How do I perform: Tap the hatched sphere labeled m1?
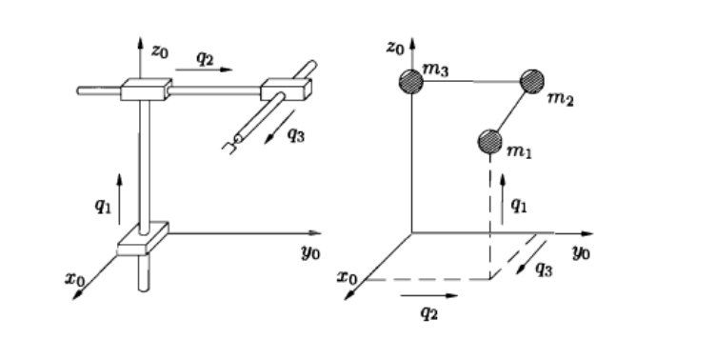click(489, 142)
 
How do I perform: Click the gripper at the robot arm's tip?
click(228, 146)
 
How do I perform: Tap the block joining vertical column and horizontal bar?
click(145, 91)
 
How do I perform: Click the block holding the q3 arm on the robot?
click(285, 90)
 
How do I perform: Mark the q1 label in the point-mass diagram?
click(519, 204)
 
